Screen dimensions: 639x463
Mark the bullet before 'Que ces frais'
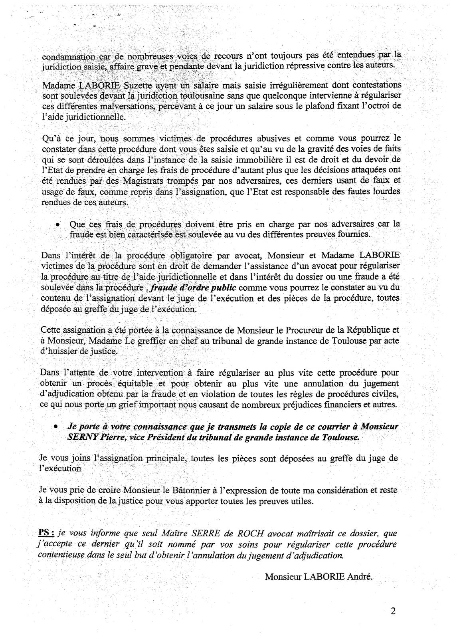pos(57,225)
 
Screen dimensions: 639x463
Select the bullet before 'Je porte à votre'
pos(57,427)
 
